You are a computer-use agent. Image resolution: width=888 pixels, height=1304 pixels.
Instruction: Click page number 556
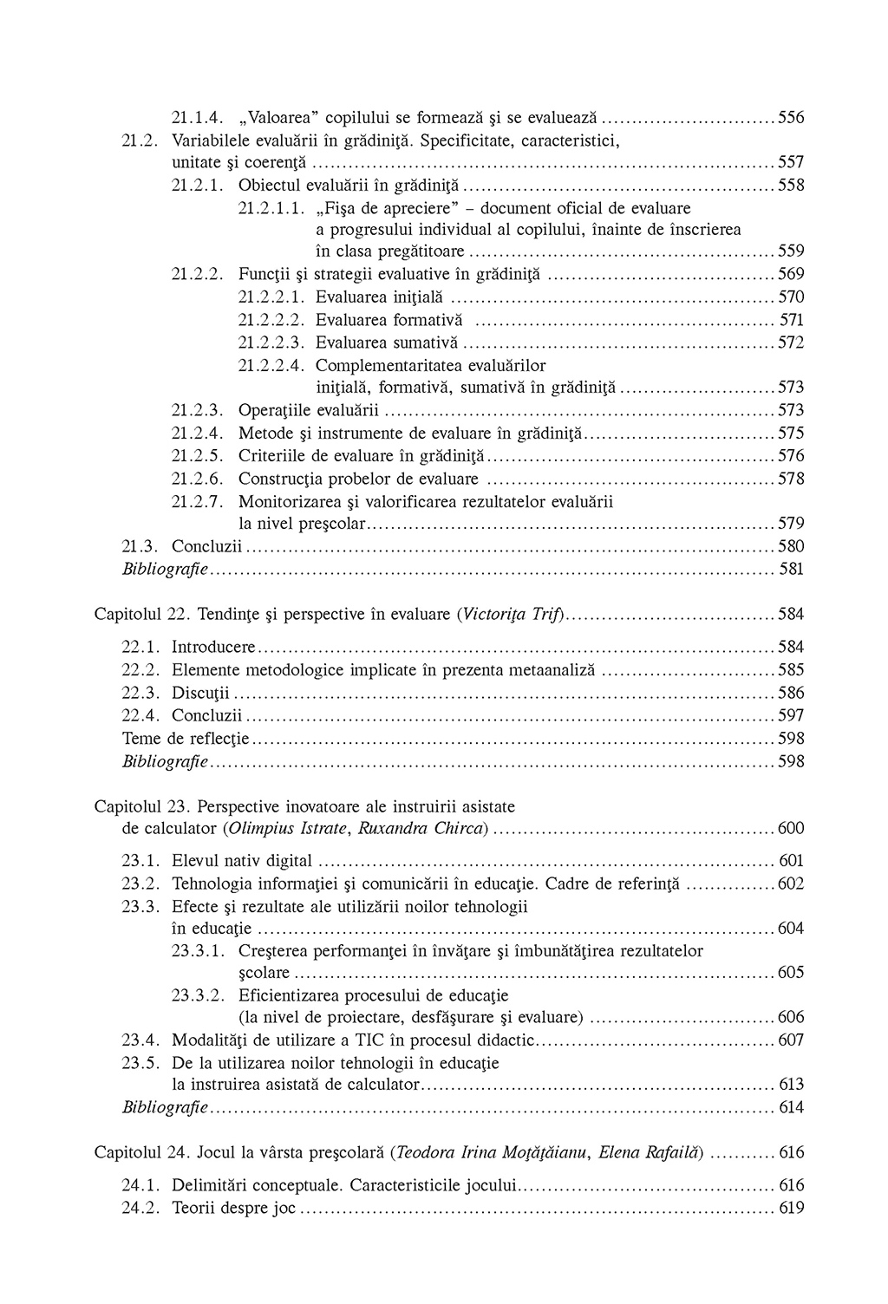point(791,117)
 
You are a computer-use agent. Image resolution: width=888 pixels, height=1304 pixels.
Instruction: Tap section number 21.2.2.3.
point(271,342)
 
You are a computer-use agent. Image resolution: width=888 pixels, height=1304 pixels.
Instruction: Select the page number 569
point(791,274)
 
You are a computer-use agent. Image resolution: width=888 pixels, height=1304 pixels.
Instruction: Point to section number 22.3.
point(141,693)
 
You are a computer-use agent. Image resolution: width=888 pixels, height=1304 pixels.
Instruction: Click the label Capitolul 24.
point(141,1152)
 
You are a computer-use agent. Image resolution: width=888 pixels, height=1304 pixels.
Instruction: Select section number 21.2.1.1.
point(271,208)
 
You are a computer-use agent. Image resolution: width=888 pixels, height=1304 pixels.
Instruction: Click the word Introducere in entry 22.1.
point(213,647)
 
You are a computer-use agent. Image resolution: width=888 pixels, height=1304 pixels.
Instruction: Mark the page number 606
point(791,1017)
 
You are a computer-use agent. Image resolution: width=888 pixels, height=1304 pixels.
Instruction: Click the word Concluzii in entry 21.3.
point(206,546)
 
